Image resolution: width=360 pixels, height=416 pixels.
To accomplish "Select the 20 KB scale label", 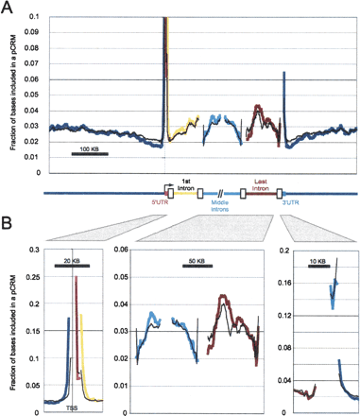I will click(72, 258).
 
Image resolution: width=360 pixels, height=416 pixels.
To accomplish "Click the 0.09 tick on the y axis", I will click(30, 33).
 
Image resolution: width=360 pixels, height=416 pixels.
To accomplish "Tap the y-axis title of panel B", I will click(10, 326).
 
